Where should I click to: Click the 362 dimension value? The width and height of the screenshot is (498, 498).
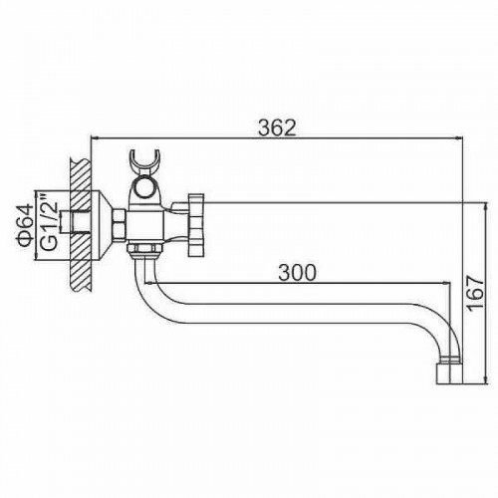[277, 127]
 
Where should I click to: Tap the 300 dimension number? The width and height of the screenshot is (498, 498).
[297, 273]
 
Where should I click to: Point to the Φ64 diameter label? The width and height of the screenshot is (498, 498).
[25, 226]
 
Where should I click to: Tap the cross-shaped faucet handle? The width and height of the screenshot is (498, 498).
[196, 225]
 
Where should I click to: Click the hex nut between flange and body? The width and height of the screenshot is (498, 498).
[120, 223]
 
